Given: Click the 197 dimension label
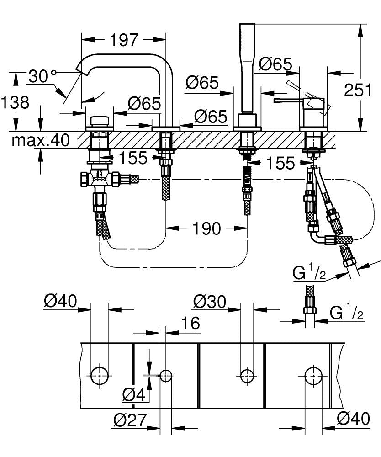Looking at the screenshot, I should pyautogui.click(x=123, y=40).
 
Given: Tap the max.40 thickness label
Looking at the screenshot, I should pyautogui.click(x=41, y=141).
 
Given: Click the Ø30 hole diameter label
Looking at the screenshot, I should pyautogui.click(x=210, y=301).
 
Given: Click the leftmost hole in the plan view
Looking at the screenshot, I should pyautogui.click(x=99, y=375).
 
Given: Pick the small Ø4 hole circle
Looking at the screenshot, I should pyautogui.click(x=165, y=376).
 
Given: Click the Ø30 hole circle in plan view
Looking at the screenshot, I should pyautogui.click(x=247, y=375).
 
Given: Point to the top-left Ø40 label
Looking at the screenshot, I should pyautogui.click(x=61, y=301).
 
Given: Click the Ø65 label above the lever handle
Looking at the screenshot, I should pyautogui.click(x=275, y=64).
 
